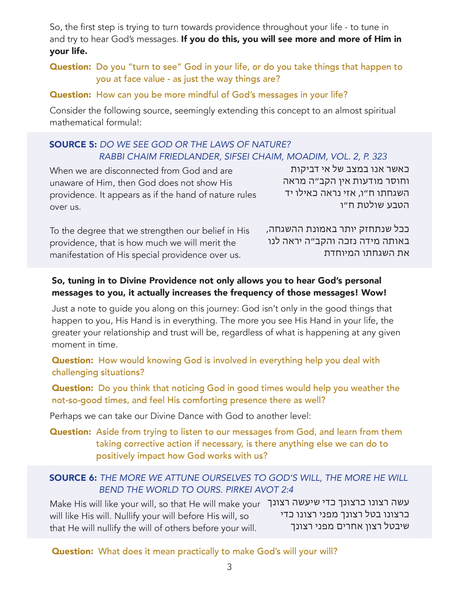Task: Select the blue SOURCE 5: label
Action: click(x=73, y=144)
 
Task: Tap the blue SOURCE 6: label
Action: click(x=73, y=478)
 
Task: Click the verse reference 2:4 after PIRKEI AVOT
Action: click(x=287, y=490)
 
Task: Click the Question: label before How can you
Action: click(x=71, y=95)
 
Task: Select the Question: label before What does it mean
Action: click(x=73, y=551)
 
